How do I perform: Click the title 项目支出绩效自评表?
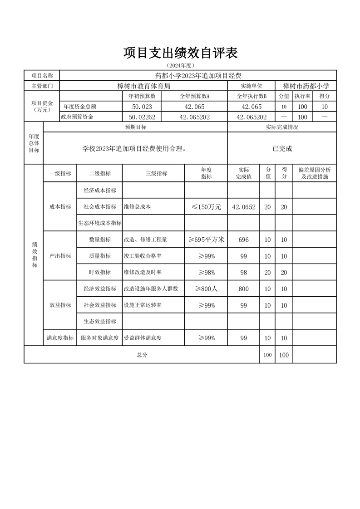point(180,53)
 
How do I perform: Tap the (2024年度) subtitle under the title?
point(180,65)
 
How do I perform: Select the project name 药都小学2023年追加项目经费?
point(198,75)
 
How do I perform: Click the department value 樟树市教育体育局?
point(143,85)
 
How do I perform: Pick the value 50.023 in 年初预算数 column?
point(142,107)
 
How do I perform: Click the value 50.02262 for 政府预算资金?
point(142,117)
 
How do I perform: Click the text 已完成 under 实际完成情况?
point(282,148)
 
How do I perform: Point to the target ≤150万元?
point(206,207)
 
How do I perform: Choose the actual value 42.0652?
point(243,207)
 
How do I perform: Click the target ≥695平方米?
point(206,240)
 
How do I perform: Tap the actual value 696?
point(243,240)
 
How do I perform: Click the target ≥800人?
point(206,289)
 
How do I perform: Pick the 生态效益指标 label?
point(100,322)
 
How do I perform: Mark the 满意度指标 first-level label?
point(60,338)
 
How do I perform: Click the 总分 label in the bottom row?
point(142,355)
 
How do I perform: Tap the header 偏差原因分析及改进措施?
point(314,173)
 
